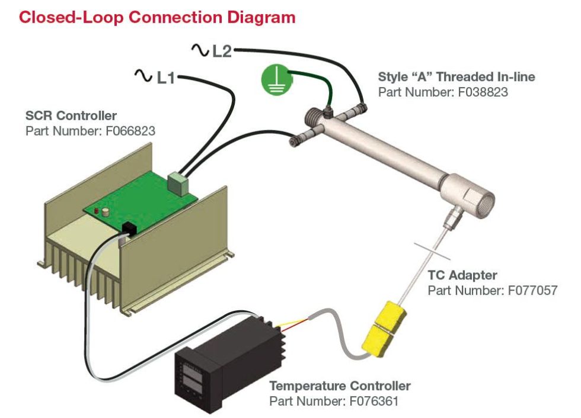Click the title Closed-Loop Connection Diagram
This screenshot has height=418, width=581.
point(157,17)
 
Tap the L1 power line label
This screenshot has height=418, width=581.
point(165,77)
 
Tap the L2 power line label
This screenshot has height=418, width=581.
point(221,52)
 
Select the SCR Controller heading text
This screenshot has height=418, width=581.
point(71,115)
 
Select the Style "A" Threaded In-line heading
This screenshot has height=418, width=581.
point(456,77)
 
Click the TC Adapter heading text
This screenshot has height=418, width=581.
point(462,275)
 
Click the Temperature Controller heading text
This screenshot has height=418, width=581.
point(340,386)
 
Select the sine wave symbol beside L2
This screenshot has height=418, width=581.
point(200,50)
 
